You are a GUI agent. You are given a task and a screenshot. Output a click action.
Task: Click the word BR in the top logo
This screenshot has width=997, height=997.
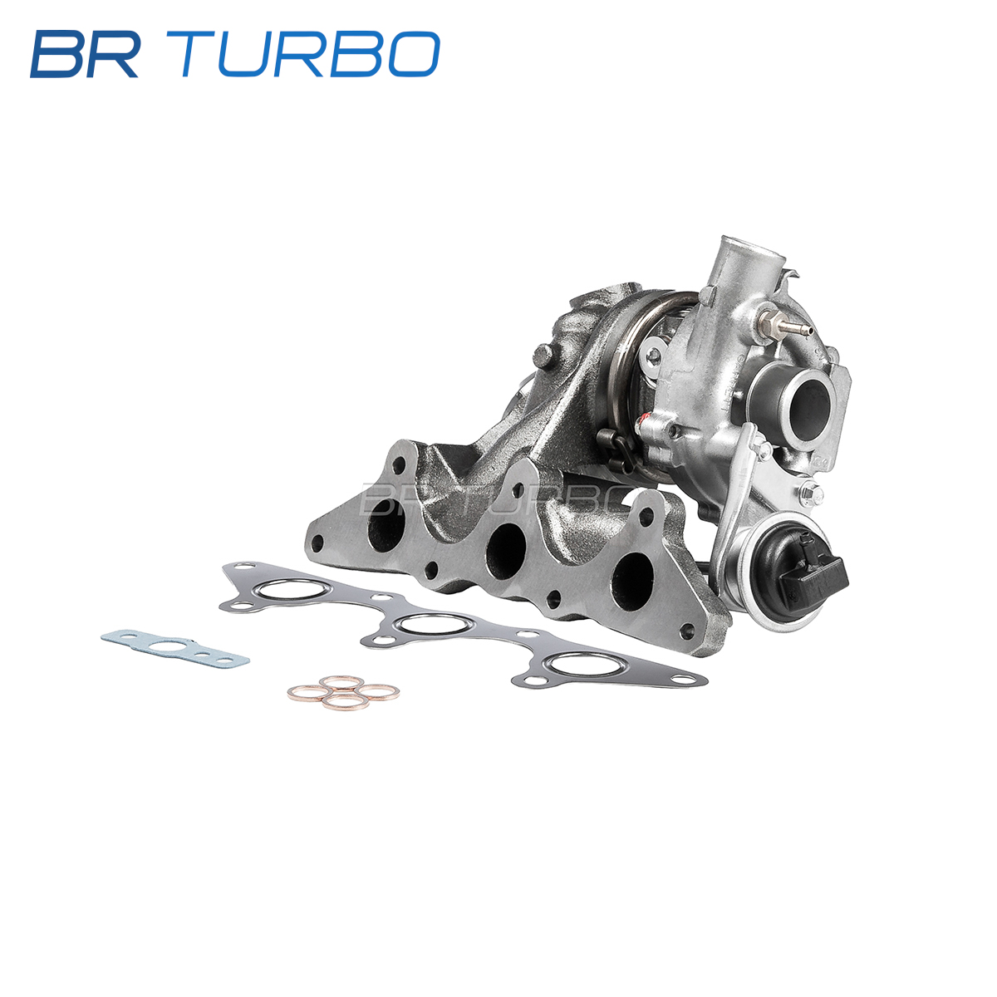click(x=84, y=54)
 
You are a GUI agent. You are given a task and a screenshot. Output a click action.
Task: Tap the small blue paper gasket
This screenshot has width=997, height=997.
click(x=174, y=647)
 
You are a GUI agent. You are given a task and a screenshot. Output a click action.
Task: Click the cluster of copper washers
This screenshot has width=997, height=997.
click(x=343, y=692)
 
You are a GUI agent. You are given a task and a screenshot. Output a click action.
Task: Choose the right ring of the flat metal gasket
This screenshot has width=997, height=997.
click(x=587, y=663)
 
